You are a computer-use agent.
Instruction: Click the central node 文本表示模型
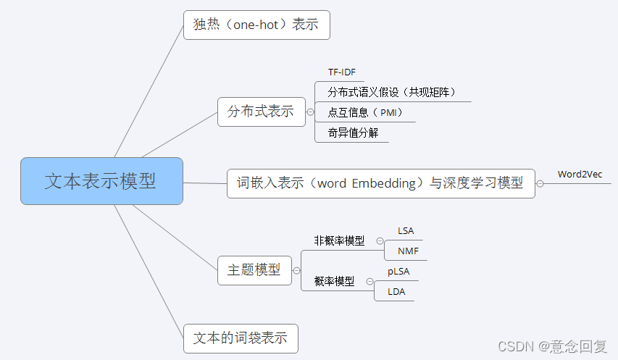101,180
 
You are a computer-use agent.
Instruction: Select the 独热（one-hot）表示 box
256,25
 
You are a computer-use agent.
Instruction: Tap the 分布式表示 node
261,112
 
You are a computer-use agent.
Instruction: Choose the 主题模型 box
254,270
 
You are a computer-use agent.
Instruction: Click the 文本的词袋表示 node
241,338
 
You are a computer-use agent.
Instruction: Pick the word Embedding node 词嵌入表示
380,183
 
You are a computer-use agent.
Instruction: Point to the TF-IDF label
342,72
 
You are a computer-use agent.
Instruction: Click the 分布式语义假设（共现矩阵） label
391,92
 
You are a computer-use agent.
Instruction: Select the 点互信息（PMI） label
364,112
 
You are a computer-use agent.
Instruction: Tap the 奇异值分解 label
353,133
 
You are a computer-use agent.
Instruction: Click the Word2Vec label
580,174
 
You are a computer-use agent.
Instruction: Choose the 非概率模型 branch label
339,240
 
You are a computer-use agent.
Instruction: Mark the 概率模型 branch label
334,281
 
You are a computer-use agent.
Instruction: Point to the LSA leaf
406,230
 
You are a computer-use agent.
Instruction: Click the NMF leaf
408,251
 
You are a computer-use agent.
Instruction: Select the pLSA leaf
399,272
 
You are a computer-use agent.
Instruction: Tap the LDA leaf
396,292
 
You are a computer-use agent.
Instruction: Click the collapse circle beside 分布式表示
310,112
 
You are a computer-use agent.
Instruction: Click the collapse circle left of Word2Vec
540,184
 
